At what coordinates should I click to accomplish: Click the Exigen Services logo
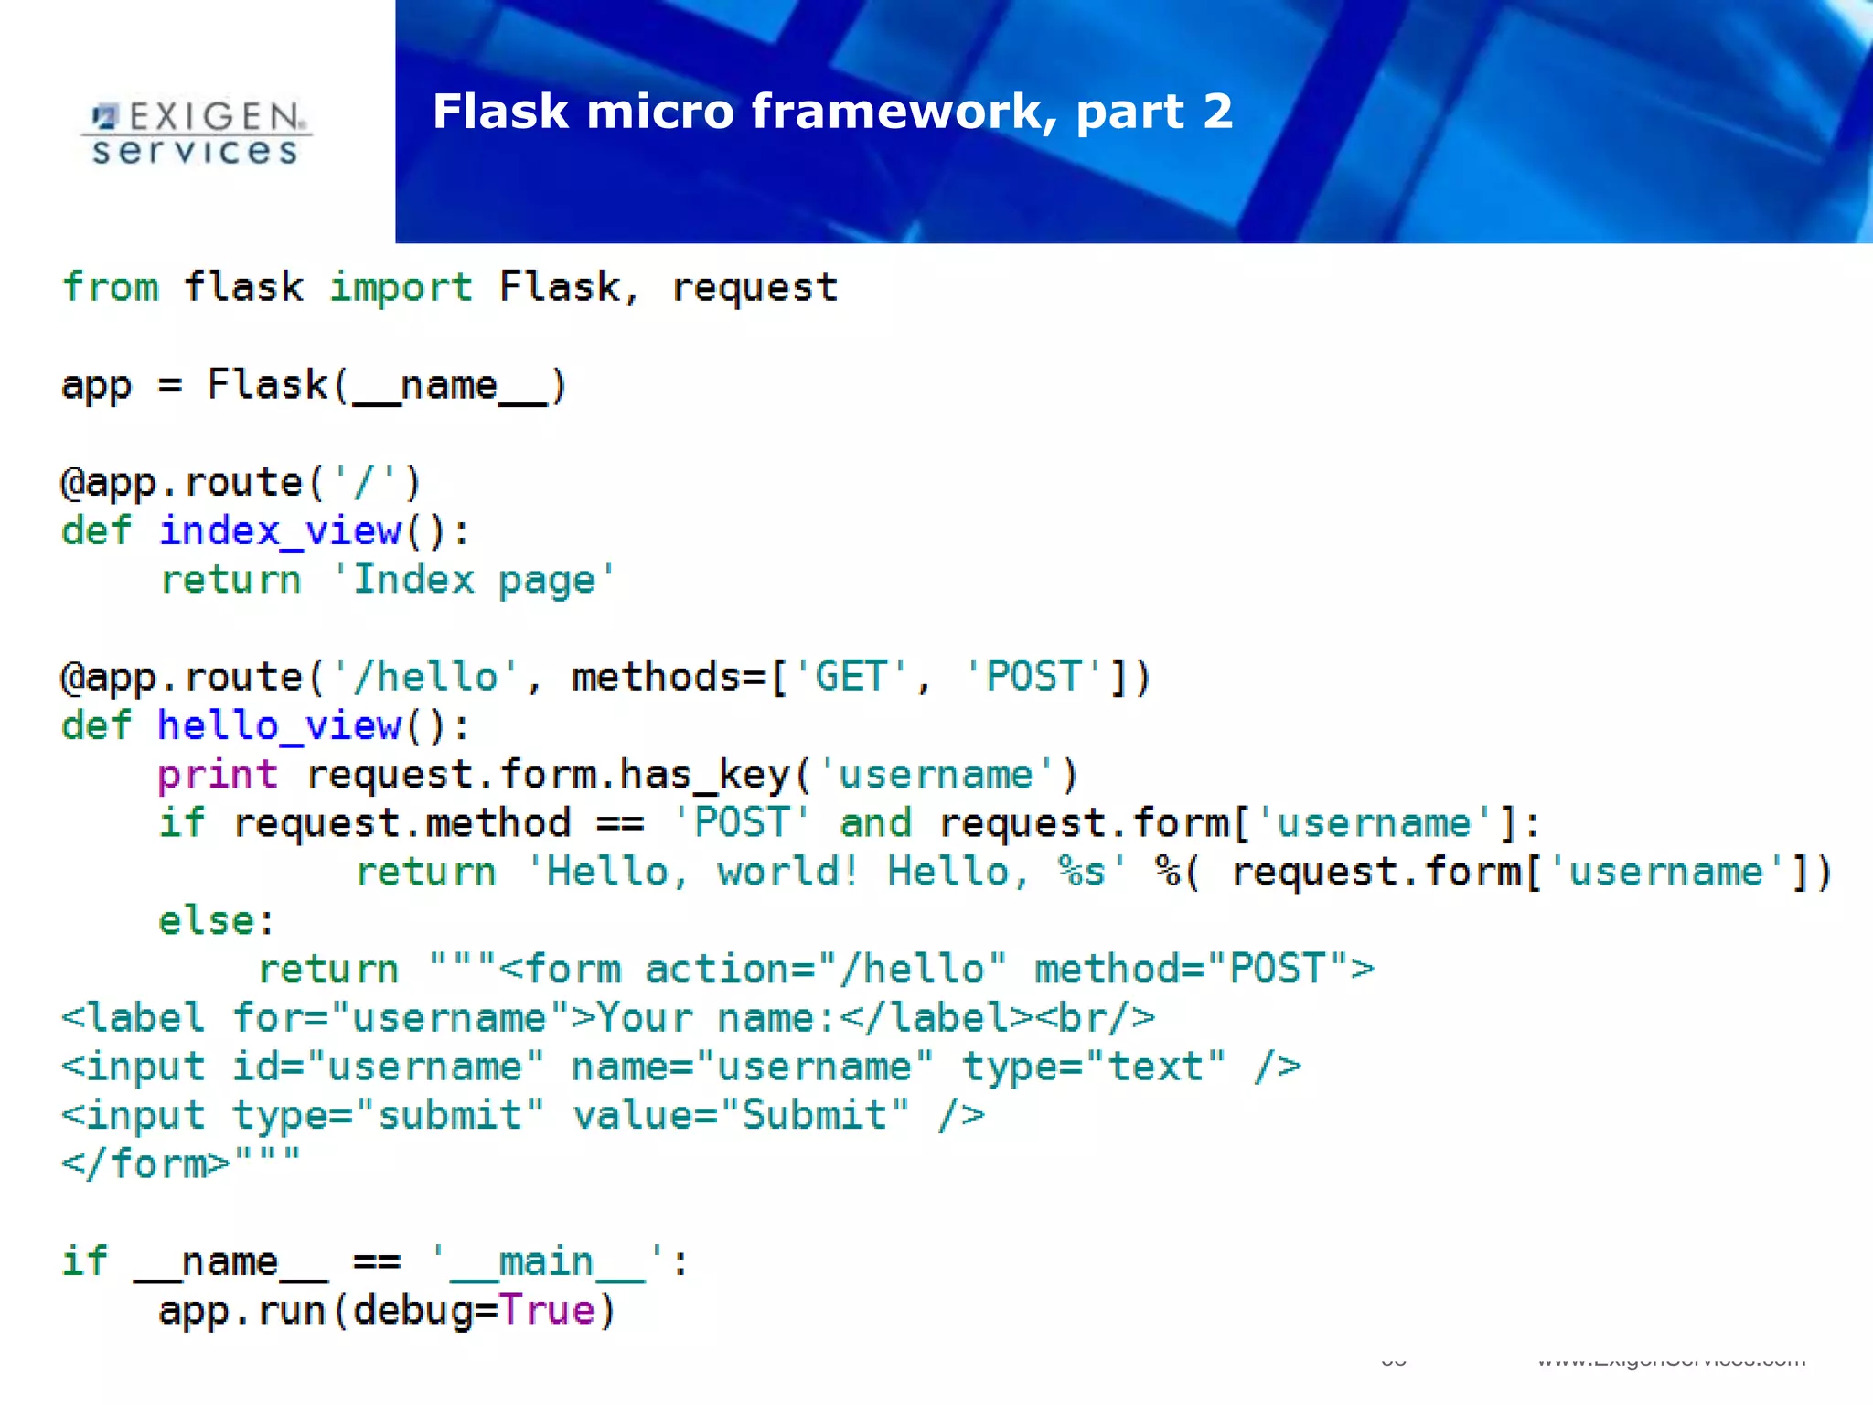click(196, 134)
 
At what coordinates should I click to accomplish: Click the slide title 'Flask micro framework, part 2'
click(832, 112)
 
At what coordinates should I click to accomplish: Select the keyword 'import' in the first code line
click(401, 287)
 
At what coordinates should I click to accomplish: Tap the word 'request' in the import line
click(755, 287)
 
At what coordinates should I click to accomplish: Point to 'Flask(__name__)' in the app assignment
click(387, 385)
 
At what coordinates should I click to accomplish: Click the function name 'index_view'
click(280, 531)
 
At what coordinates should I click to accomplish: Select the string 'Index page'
click(474, 580)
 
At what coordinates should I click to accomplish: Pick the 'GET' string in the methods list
click(851, 678)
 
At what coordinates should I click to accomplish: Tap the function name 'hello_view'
click(280, 726)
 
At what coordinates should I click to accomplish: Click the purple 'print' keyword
click(218, 775)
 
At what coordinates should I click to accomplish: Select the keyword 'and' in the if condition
click(875, 823)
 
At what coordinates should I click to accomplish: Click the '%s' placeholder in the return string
click(1081, 872)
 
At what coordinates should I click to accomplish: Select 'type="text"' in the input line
click(1094, 1067)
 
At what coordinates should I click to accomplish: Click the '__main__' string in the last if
click(547, 1262)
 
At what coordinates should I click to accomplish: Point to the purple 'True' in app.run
click(547, 1311)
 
